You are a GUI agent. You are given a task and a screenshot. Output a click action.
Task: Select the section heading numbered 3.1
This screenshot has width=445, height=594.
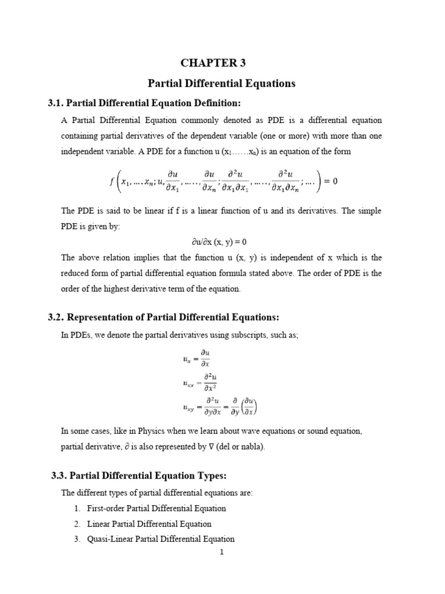point(143,103)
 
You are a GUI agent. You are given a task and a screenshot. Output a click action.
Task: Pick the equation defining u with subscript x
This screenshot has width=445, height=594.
point(198,358)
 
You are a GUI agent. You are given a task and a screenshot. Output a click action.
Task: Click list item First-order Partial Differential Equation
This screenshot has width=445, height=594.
point(156,508)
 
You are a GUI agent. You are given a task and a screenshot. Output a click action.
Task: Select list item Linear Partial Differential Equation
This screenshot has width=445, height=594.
point(149,524)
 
